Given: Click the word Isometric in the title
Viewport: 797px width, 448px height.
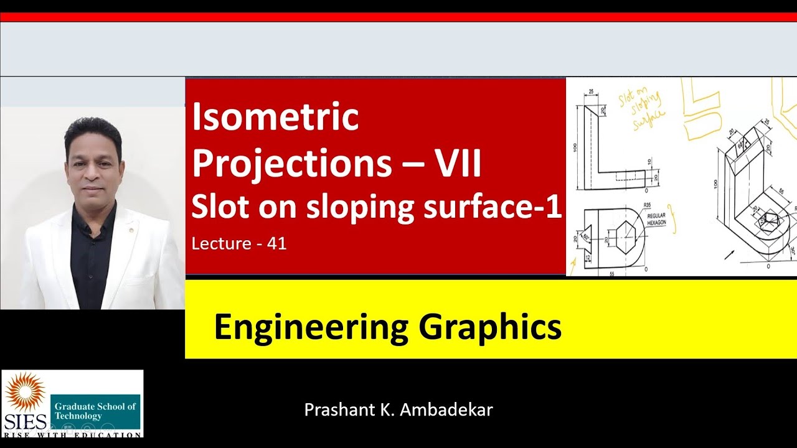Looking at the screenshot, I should point(275,118).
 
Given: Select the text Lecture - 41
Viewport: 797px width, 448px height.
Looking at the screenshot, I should point(239,244).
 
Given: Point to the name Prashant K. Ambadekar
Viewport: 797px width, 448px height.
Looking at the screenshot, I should point(398,410).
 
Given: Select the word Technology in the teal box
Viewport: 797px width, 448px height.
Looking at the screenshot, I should point(78,416).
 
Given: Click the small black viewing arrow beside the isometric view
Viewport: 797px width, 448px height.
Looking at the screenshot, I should point(730,254).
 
